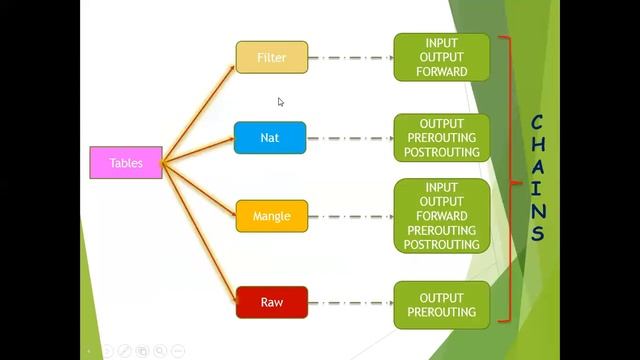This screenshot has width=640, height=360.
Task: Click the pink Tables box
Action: [126, 163]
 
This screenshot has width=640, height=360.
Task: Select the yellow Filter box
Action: [272, 57]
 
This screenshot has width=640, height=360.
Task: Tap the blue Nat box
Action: [270, 138]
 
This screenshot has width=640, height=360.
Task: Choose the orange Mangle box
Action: [272, 216]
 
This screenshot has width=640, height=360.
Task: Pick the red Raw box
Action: [272, 301]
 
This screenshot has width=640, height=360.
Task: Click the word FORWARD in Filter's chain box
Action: [441, 72]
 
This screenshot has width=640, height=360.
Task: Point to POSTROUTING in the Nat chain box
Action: [441, 152]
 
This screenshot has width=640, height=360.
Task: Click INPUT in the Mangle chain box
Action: [441, 187]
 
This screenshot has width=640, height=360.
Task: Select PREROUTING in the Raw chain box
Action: [441, 312]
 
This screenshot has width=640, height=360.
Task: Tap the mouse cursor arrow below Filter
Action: [281, 101]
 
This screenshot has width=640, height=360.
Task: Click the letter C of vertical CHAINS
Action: [537, 122]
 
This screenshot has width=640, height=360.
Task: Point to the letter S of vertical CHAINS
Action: [537, 236]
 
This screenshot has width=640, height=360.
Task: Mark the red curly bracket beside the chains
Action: [512, 180]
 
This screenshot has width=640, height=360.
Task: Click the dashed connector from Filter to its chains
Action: [350, 57]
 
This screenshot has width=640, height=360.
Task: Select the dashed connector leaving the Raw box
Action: [350, 301]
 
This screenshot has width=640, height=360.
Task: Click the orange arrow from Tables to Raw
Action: [200, 232]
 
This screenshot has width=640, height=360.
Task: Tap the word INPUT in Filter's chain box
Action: [441, 43]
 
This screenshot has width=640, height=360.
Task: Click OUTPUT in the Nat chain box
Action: [441, 124]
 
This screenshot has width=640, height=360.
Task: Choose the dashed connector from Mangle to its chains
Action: [350, 216]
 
